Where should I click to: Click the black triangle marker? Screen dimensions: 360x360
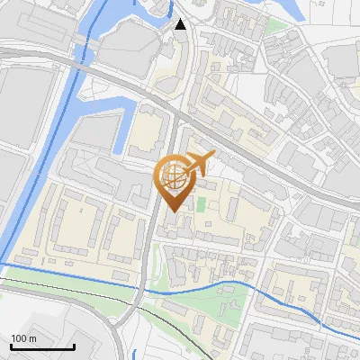point(182,24)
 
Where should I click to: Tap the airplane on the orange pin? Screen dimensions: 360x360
point(199,163)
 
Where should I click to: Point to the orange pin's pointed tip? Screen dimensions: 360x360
point(171,211)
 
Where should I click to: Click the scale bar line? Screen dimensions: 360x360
point(42,346)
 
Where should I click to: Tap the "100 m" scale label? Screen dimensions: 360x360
point(24,337)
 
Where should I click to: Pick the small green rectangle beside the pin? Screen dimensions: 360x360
point(201,204)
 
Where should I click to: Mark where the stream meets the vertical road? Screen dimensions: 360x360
point(144,288)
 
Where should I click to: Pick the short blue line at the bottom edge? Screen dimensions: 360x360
point(133,354)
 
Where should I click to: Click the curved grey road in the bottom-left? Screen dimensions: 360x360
point(117,337)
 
